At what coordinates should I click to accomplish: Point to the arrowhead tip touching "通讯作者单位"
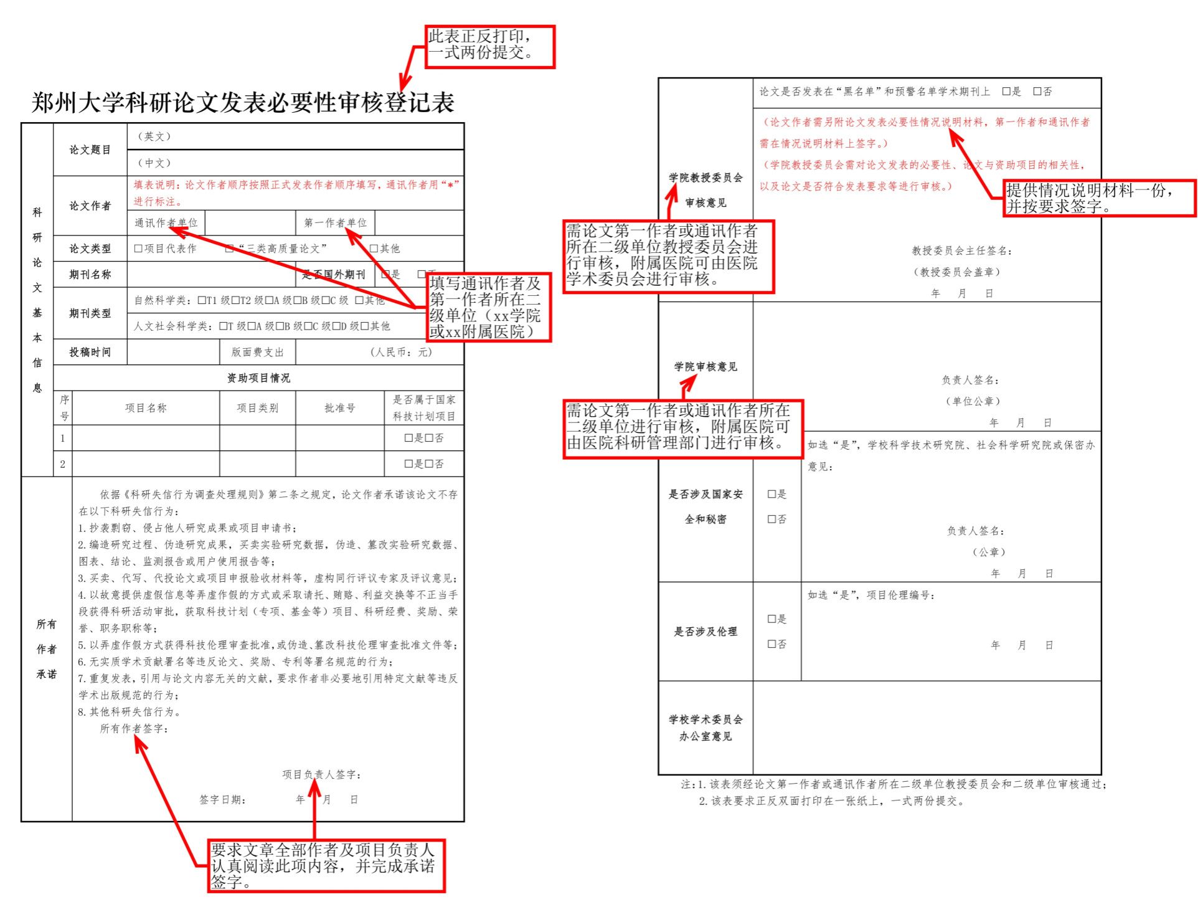coord(169,228)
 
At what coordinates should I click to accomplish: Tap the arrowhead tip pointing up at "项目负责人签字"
coord(315,781)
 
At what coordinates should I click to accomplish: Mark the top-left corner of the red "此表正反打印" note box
coord(426,26)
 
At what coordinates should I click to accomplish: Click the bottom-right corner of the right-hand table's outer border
coord(1101,774)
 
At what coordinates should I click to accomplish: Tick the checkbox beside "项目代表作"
coord(138,249)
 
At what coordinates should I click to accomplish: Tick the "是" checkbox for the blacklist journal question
coord(1006,92)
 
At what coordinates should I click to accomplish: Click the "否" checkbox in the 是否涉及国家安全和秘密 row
coord(771,519)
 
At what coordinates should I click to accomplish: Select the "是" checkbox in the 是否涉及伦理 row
coord(771,619)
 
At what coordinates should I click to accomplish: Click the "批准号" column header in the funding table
coord(339,408)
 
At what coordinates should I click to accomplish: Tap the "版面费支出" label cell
coord(258,352)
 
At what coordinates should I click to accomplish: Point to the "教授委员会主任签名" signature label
coord(962,250)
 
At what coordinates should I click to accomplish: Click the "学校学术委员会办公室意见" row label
coord(705,728)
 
